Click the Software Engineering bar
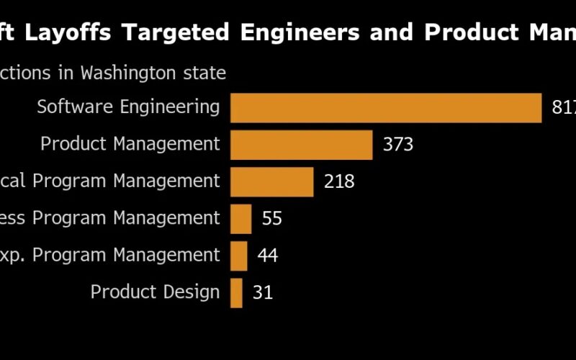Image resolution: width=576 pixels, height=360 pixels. coord(386,108)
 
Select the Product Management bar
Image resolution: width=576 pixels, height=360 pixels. coord(302,145)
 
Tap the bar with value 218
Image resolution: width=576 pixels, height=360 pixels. coord(272,181)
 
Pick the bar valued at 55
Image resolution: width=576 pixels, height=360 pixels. coord(241,219)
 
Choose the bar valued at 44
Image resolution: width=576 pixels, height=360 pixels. coord(239,256)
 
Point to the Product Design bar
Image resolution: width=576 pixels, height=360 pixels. coord(237,293)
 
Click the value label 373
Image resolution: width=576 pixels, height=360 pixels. coord(398,145)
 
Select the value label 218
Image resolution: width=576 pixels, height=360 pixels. coord(339,181)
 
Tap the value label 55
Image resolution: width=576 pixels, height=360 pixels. coord(272,219)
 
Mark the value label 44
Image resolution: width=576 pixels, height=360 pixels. coord(268,256)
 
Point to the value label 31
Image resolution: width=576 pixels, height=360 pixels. coord(263,293)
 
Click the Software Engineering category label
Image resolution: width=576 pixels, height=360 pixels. coord(128,107)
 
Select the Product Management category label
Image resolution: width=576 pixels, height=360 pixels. coord(130,144)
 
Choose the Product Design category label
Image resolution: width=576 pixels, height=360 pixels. coord(155,292)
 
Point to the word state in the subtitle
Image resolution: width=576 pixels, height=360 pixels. coord(206,73)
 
